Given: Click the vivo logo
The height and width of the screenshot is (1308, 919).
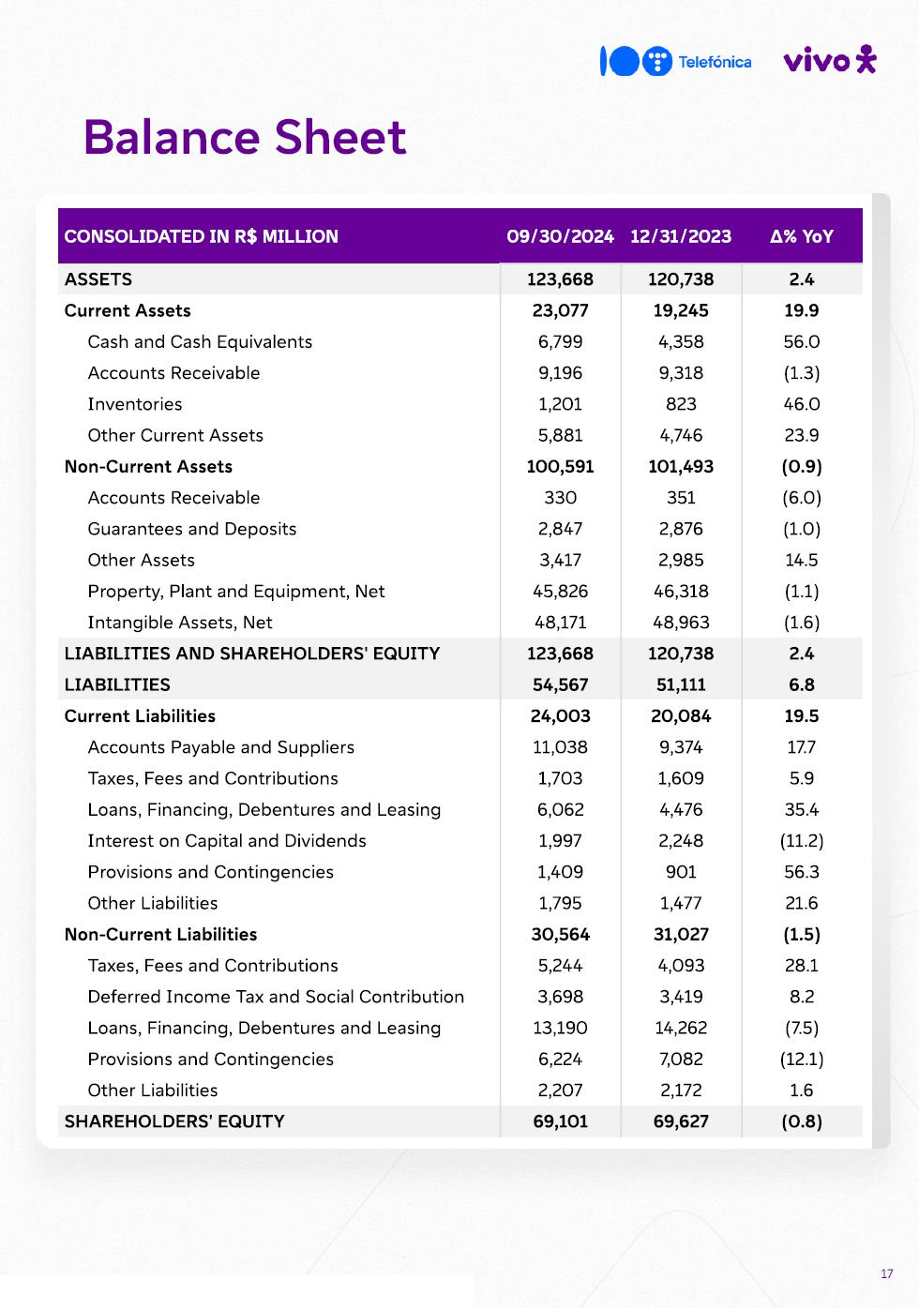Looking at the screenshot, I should point(829,60).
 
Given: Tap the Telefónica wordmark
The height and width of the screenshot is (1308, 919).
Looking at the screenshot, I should point(715,62).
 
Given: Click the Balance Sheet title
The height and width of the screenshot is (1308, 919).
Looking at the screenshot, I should point(245,137).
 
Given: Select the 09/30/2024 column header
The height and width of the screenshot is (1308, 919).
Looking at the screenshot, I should point(560,236).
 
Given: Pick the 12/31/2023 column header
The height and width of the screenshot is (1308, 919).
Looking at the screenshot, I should point(681,236).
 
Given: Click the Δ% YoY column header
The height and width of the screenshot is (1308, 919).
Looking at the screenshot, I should point(802,236).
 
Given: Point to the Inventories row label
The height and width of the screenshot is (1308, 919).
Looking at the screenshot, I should point(135,404).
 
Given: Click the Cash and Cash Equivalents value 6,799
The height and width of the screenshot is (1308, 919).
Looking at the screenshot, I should point(560,342).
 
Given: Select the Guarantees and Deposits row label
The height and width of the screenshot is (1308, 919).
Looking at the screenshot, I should point(192,529).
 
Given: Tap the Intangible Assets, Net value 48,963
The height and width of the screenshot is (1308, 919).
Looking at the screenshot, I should point(681,623).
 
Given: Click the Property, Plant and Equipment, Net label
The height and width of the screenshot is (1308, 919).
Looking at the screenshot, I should point(236,592).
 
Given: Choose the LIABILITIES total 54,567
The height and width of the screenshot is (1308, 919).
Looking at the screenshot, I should point(560,685).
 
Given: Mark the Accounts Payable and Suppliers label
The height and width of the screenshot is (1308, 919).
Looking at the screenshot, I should point(221,747).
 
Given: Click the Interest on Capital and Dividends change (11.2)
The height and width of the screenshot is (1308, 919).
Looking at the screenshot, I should point(802,841).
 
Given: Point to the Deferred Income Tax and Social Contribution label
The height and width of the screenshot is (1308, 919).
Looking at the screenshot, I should point(276,997).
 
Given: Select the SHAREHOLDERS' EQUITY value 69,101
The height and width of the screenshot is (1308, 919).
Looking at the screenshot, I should point(560,1121).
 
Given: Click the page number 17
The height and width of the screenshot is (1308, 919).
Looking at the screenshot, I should point(887,1273).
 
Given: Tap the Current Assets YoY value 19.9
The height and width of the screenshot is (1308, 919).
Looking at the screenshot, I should point(802,310).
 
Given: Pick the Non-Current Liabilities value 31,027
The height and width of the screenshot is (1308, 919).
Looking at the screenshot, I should point(681,935).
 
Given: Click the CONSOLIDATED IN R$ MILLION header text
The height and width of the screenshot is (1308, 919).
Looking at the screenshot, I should point(202,236).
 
